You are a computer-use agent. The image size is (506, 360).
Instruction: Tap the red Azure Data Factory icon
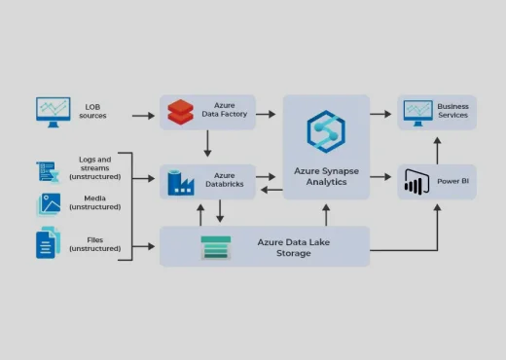(181, 112)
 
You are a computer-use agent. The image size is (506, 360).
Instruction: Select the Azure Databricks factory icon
(181, 182)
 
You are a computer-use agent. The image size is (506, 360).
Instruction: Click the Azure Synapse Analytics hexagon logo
(326, 130)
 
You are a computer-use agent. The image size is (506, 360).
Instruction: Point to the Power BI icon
(416, 182)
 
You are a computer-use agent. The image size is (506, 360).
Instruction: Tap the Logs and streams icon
(49, 170)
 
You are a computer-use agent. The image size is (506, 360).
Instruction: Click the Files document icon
(48, 242)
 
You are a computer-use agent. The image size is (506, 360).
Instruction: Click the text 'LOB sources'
(93, 111)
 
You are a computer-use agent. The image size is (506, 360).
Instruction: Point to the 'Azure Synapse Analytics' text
(326, 176)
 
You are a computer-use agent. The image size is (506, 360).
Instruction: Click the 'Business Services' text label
(452, 111)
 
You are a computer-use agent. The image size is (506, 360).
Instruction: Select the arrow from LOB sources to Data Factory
(143, 116)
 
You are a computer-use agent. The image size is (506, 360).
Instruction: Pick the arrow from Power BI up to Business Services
(437, 148)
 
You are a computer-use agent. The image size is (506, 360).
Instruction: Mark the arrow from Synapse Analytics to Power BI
(383, 177)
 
